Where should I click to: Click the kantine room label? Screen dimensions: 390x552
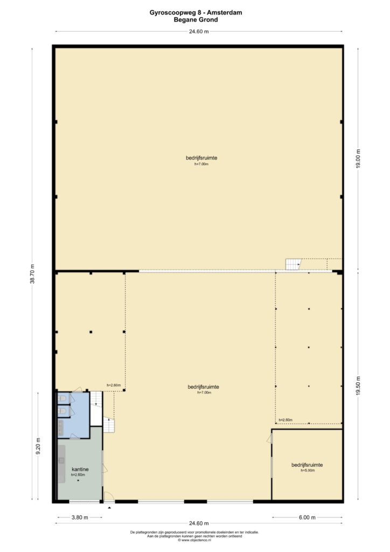coord(80,470)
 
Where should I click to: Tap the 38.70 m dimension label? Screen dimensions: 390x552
coord(32,273)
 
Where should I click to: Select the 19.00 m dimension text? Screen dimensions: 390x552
coord(358,159)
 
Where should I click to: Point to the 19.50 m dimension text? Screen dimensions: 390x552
coord(358,386)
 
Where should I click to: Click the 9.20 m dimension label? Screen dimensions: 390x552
coord(38,446)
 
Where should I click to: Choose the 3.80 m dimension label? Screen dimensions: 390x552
coord(80,517)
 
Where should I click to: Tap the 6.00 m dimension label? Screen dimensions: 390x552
coord(307,517)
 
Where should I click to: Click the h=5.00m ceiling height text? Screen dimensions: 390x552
coord(308,470)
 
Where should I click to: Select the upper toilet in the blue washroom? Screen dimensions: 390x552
coord(62,398)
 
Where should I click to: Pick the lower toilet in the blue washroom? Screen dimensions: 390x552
coord(62,411)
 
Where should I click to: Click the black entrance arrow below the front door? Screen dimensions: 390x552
coord(109,508)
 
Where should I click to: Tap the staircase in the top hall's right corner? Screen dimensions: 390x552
coord(294,264)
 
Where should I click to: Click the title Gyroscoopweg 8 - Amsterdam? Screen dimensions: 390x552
coord(196,13)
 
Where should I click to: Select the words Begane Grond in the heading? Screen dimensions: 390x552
coord(196,20)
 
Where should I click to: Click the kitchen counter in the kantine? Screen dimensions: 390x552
coord(62,464)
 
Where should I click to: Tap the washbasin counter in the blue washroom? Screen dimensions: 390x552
coord(61,428)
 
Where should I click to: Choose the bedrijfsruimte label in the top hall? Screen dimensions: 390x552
coord(201,158)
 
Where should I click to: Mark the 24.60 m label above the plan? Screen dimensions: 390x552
coord(199,31)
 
